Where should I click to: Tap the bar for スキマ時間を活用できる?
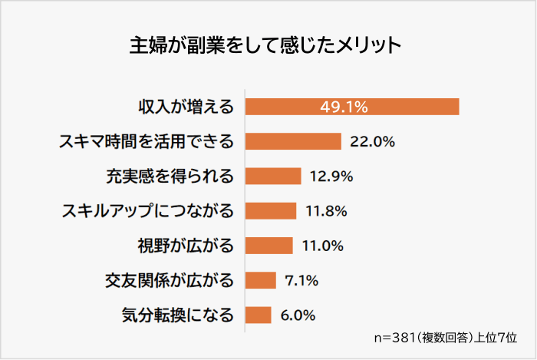(293, 141)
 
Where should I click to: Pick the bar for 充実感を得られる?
(273, 176)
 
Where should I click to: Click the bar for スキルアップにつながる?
(271, 210)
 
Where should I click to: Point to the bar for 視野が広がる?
(269, 246)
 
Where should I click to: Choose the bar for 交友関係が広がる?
(261, 280)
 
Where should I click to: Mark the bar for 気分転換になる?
(259, 315)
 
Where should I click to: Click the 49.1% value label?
(344, 107)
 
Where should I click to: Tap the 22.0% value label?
(372, 141)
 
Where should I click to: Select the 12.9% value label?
(331, 176)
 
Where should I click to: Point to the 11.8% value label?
(327, 210)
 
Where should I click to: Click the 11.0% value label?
(324, 246)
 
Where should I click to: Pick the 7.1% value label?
(301, 280)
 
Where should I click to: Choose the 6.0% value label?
(298, 315)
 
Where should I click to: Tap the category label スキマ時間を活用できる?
(147, 141)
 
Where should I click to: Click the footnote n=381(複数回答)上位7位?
(445, 337)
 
